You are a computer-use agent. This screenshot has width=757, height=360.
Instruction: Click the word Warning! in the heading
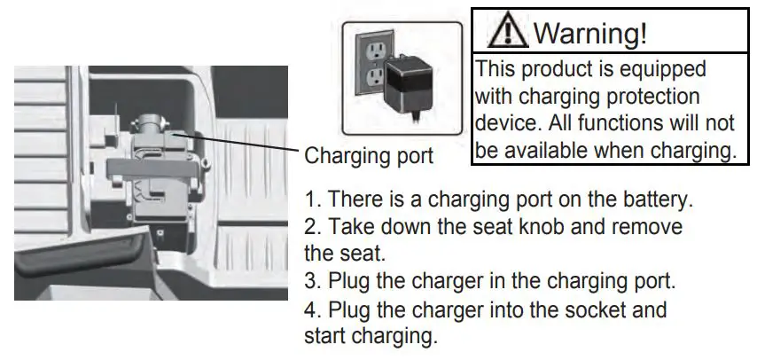[591, 34]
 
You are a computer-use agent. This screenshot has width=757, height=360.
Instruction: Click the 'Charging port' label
[369, 157]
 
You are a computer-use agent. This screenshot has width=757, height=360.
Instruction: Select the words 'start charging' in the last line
[370, 338]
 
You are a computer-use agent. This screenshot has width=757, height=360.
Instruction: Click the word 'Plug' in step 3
[348, 282]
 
